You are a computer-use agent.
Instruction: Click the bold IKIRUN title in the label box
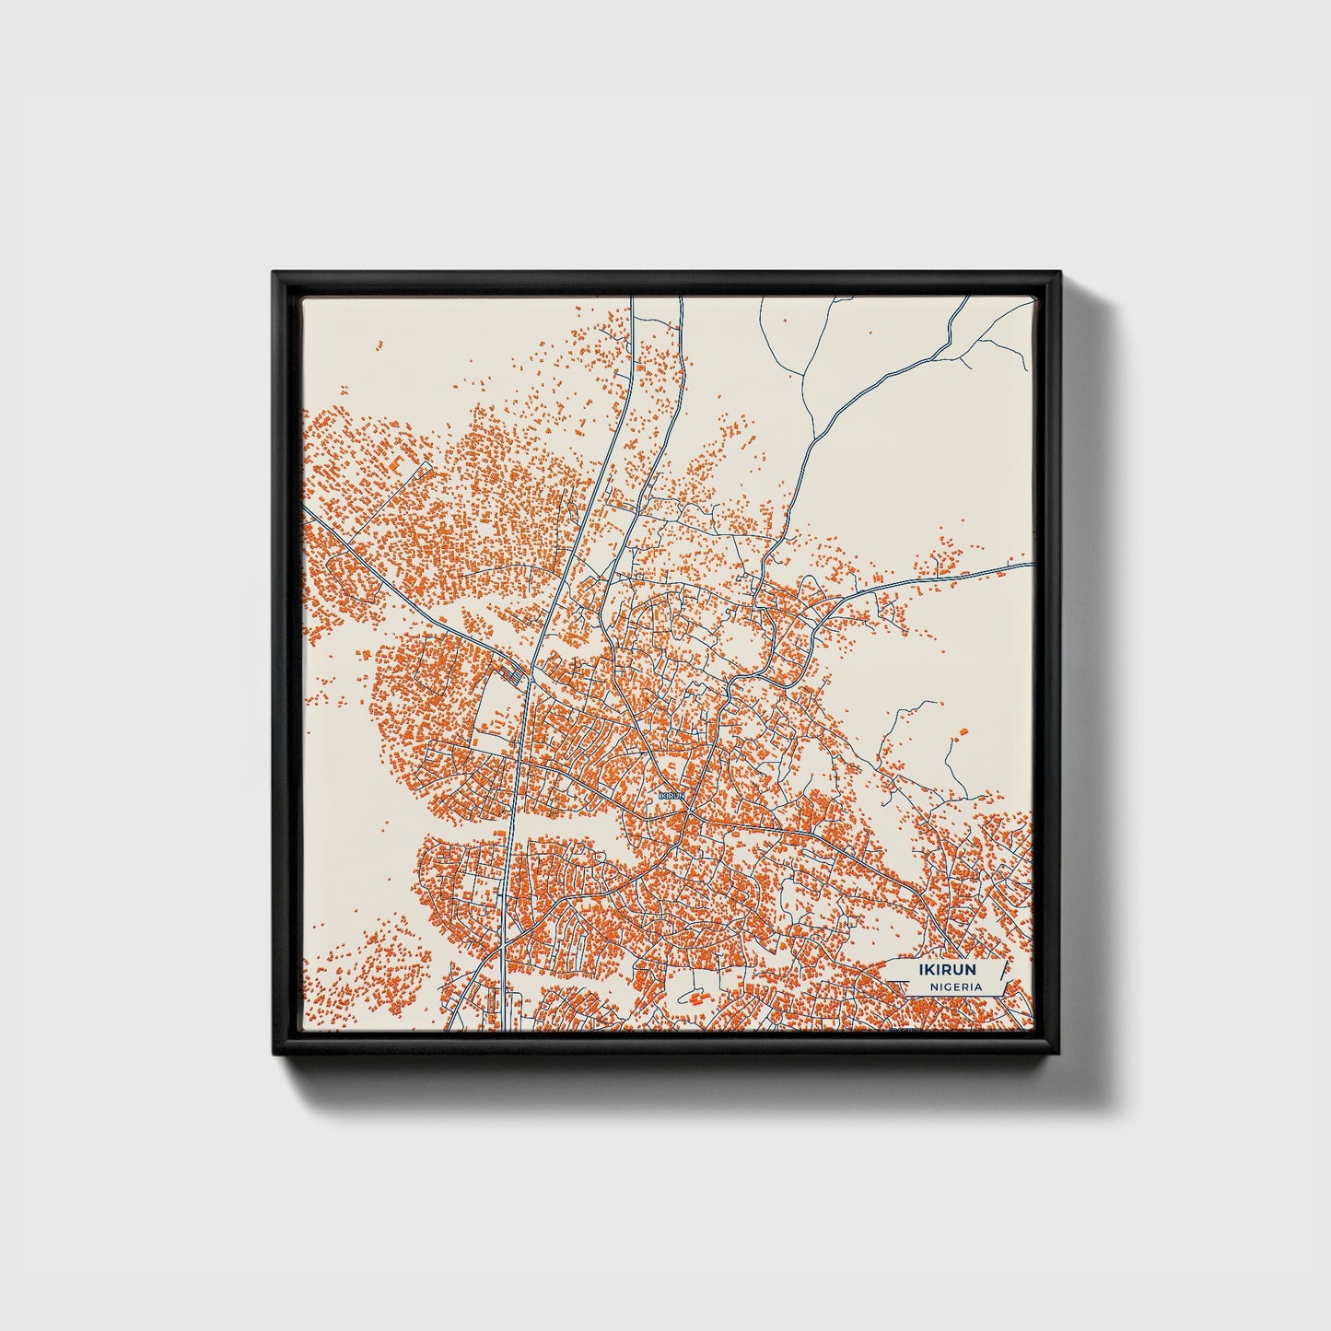(947, 970)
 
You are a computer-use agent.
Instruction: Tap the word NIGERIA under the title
(956, 987)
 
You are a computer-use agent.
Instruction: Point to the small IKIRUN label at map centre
(672, 794)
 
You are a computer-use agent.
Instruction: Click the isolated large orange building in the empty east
(963, 732)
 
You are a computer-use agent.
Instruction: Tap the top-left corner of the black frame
(274, 274)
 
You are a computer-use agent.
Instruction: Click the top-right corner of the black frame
(1059, 274)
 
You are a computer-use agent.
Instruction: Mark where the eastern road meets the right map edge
(1033, 563)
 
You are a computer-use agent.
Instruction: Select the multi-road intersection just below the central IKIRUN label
(685, 811)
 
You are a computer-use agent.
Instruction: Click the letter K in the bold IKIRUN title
(931, 970)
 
